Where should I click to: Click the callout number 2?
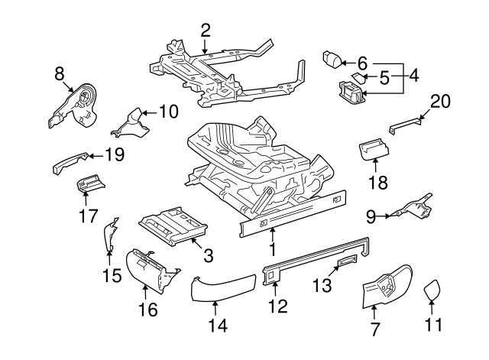coord(206,31)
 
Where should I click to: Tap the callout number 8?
coord(60,73)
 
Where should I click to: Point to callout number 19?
coord(114,156)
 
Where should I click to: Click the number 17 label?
coord(89,216)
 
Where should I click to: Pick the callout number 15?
coord(112,275)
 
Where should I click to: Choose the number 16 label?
coord(147,309)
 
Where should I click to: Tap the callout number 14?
coord(218,326)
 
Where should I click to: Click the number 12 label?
coord(278,306)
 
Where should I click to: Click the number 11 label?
coord(433,326)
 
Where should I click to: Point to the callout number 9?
coord(371,217)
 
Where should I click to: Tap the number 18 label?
coord(379,182)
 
